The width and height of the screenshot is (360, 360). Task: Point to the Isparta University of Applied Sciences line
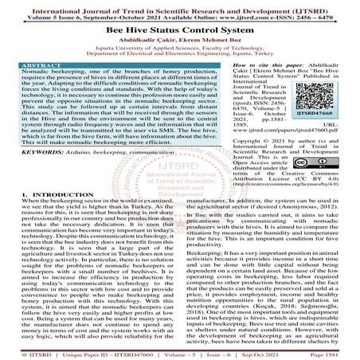(179, 46)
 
